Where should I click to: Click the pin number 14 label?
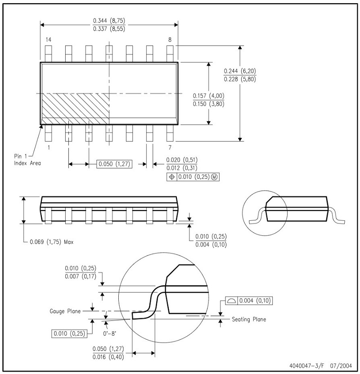[x=48, y=40]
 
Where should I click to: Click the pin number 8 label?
[x=170, y=40]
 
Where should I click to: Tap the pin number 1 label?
[x=48, y=147]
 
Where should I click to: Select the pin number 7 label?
[x=170, y=147]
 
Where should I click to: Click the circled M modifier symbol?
[x=214, y=177]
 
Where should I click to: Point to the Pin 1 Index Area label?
[x=27, y=159]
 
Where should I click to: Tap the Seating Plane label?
[x=248, y=319]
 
